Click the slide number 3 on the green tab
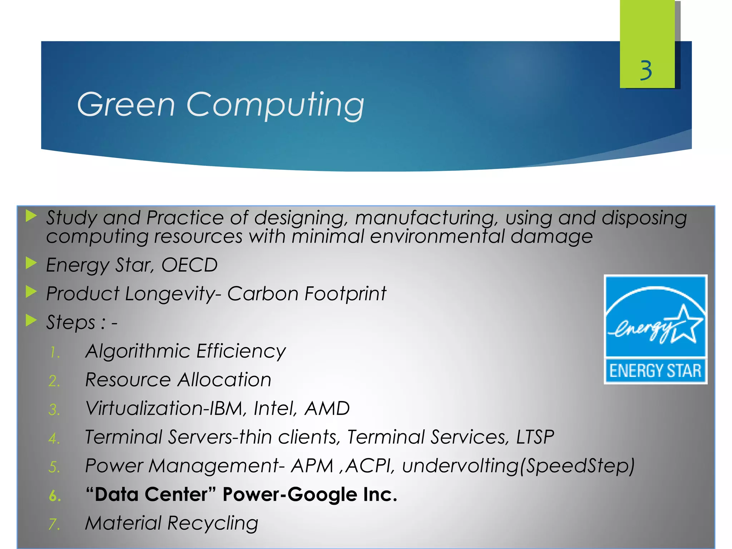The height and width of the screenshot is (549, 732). [x=646, y=70]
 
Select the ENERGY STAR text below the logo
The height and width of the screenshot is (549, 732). [x=655, y=371]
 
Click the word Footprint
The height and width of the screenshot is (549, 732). [x=345, y=294]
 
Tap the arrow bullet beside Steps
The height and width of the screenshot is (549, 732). [x=31, y=321]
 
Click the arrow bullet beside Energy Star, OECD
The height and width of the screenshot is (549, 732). [x=31, y=263]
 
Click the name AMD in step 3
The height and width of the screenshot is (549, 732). [x=327, y=408]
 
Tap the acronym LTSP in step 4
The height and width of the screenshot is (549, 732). [x=535, y=437]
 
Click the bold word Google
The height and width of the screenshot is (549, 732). [x=322, y=495]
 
